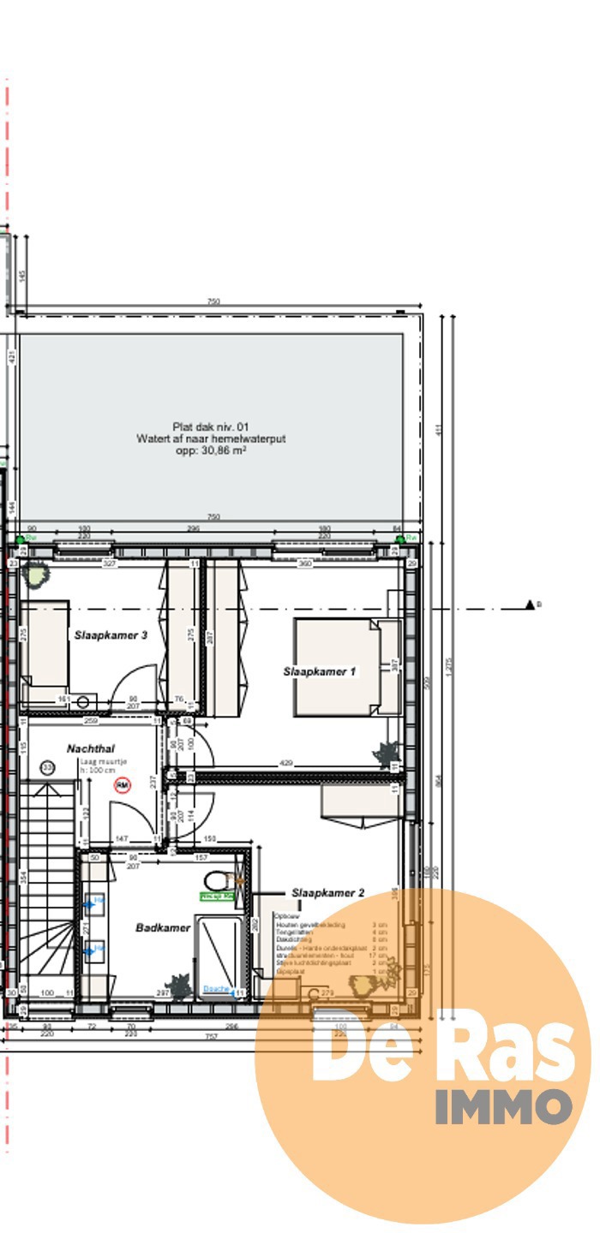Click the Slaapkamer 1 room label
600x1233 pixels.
tap(319, 672)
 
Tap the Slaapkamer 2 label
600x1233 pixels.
tap(327, 893)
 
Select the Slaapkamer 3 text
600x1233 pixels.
tap(111, 634)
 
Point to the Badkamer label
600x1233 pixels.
tap(163, 927)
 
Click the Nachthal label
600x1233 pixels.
tap(91, 748)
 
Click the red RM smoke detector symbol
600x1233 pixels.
tap(123, 783)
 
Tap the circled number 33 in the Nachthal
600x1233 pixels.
tap(47, 768)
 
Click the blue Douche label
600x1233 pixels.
tap(217, 988)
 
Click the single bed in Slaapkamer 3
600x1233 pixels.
tap(45, 645)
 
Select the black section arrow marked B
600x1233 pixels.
tap(531, 605)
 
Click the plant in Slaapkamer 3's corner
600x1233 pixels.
tap(36, 574)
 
